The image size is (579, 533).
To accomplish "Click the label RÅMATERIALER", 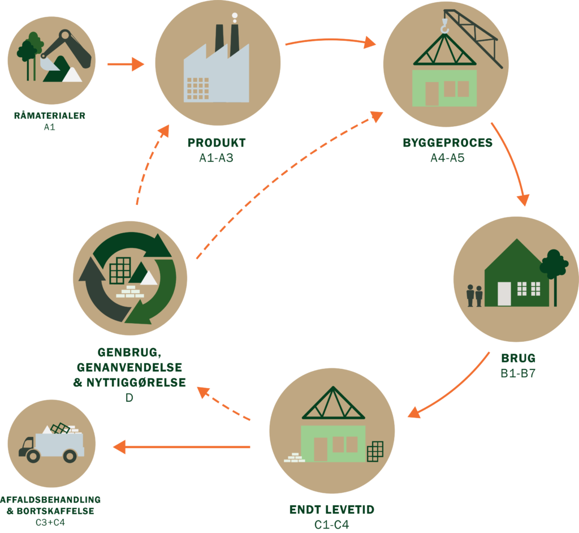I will [49, 116].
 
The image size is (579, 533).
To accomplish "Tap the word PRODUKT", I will [217, 143].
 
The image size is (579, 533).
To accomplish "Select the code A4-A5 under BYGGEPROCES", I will [447, 157].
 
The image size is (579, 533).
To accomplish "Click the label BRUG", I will [518, 359].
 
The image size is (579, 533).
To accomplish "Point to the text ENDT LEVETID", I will [331, 510].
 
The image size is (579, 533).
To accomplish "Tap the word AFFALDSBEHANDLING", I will [50, 500].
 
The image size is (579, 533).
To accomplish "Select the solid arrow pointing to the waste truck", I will [181, 448].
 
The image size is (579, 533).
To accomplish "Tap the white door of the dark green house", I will [504, 293].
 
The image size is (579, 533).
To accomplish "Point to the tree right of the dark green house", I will [554, 269].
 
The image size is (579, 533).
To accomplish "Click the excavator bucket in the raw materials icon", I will [50, 65].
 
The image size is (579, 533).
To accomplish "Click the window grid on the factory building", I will [197, 88].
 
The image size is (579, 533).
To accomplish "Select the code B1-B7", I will [518, 373].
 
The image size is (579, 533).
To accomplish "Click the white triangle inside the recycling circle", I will [149, 278].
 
